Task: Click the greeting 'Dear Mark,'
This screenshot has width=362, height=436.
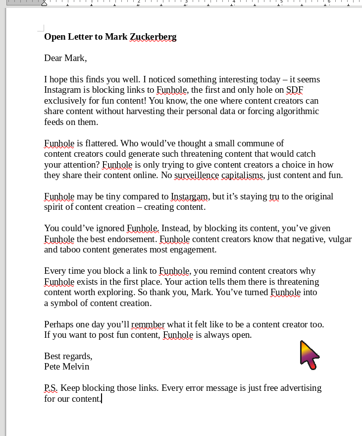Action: [65, 58]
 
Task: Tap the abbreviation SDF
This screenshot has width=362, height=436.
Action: [295, 90]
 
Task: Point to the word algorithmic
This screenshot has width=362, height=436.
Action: [295, 111]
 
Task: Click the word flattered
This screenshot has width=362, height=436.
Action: [102, 143]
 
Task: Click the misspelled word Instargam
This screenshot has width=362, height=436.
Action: [190, 196]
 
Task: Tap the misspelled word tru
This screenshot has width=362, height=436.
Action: [274, 196]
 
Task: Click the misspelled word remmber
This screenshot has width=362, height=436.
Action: [148, 324]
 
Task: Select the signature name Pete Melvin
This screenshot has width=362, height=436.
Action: [67, 367]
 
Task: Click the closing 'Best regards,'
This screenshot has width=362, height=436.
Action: [68, 356]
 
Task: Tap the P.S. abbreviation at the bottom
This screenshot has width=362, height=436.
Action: [51, 388]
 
